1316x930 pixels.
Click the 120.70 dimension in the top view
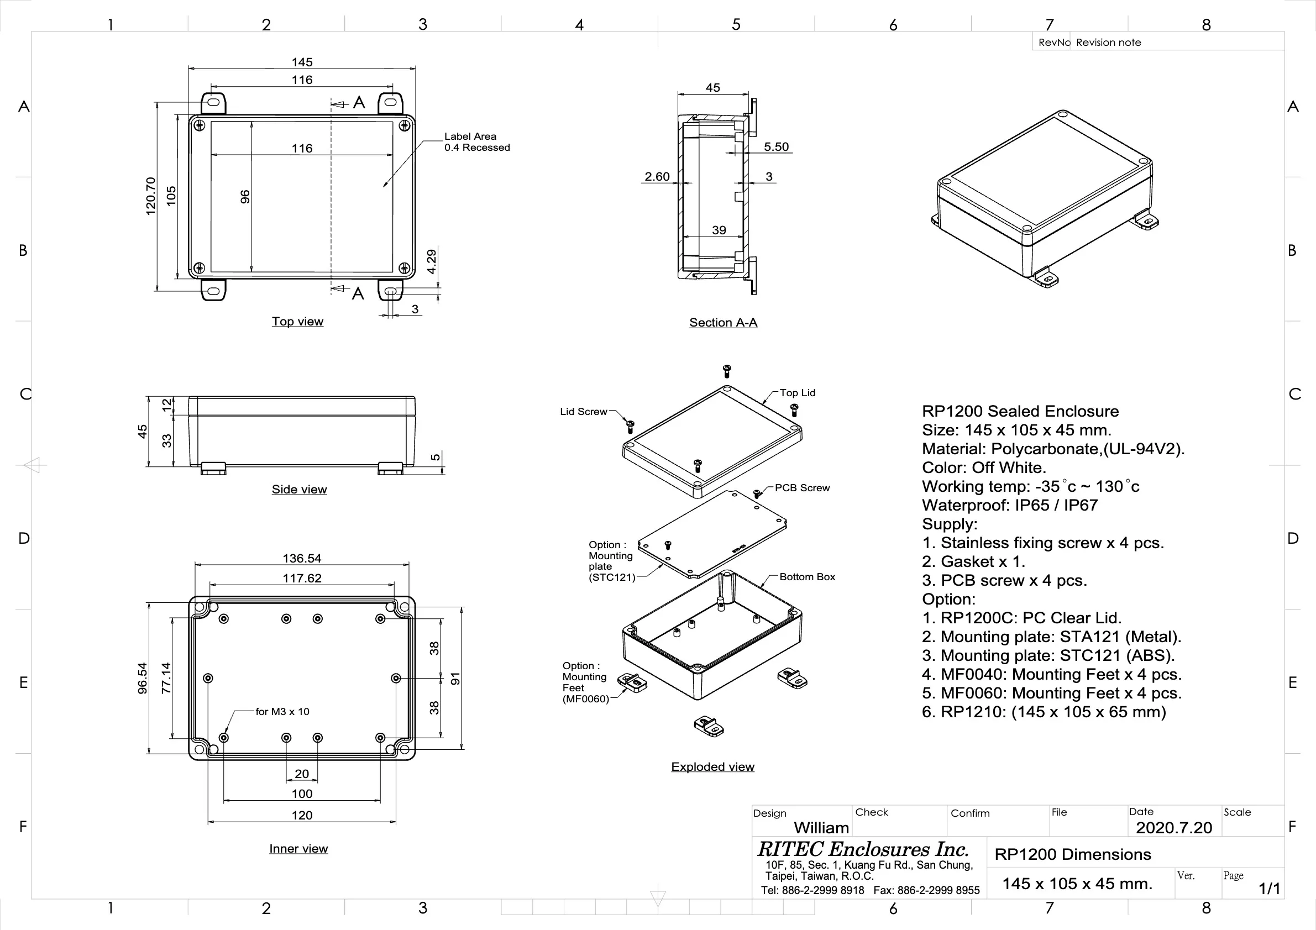click(151, 197)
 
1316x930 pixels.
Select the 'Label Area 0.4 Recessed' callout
click(476, 142)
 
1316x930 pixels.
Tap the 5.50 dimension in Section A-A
click(776, 146)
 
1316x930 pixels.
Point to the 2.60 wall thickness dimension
click(657, 176)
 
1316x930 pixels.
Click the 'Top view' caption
click(297, 322)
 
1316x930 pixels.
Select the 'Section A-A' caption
click(723, 323)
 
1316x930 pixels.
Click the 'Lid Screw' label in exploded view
click(583, 412)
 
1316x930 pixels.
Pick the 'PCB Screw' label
click(802, 487)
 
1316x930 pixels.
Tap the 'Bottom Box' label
click(807, 576)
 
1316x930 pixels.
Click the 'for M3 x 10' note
click(282, 712)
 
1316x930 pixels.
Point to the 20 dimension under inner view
click(301, 774)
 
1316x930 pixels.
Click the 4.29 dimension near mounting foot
click(432, 261)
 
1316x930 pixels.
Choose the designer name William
click(821, 827)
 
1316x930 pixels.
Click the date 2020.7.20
click(1174, 827)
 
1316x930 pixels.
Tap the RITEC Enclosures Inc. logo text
click(863, 849)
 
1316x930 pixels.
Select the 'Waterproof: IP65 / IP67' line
click(1009, 506)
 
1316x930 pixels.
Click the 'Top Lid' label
click(796, 392)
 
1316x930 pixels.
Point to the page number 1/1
click(1269, 888)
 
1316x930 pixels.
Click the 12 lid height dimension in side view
click(167, 404)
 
